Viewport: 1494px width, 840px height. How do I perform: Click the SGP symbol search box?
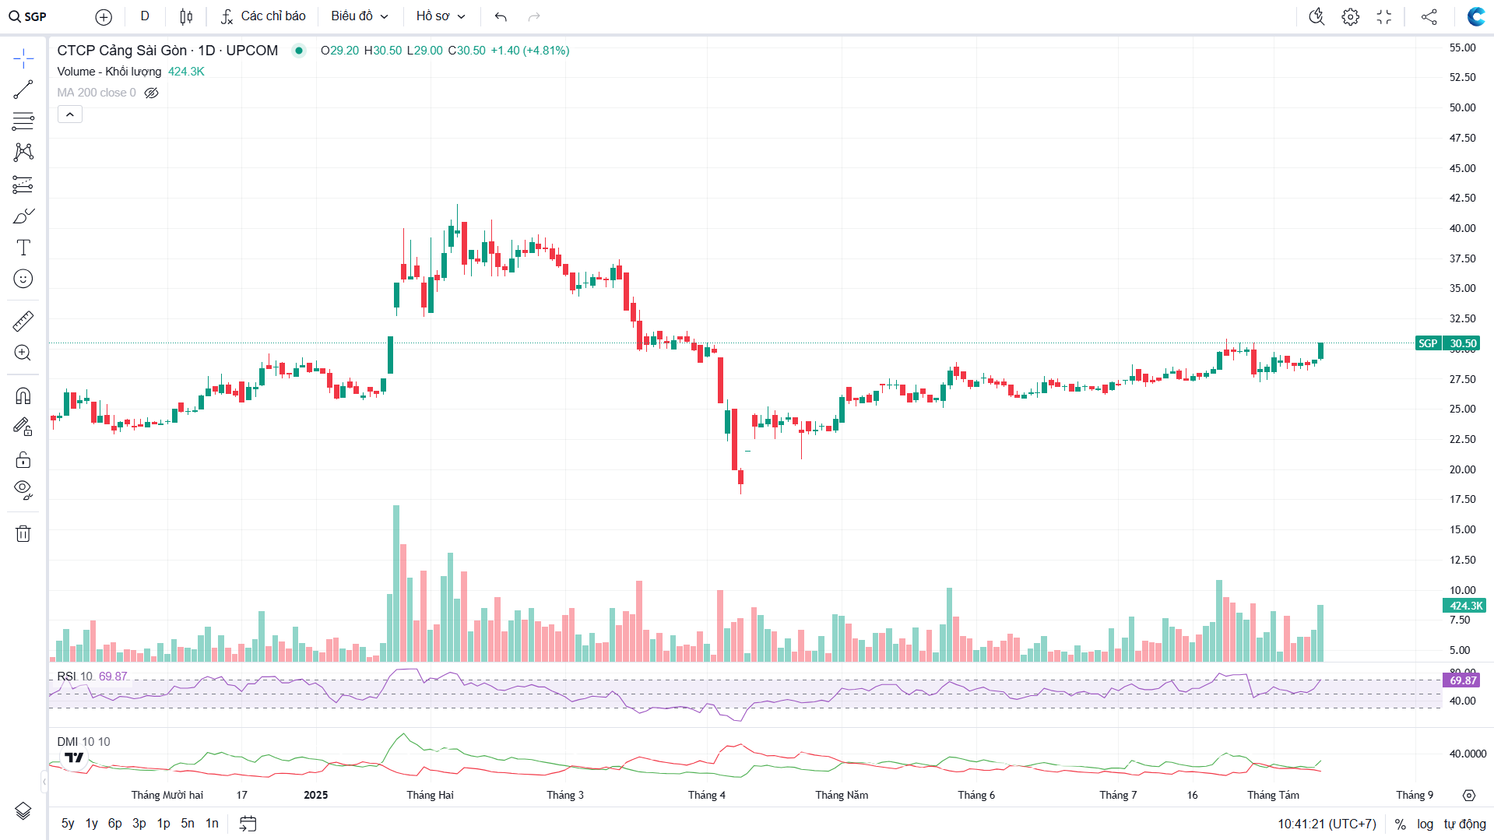[x=29, y=16]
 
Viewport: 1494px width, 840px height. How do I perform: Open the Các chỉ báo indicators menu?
[x=263, y=16]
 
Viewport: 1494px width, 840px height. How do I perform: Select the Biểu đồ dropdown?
[x=359, y=16]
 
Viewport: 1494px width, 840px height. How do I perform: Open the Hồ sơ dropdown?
[x=440, y=16]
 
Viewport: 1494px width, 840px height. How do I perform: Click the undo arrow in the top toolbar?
[x=501, y=16]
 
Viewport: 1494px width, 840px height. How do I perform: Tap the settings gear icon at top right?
[x=1350, y=16]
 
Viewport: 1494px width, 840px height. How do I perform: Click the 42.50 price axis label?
[x=1462, y=198]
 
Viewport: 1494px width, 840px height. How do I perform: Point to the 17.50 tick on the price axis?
[x=1462, y=499]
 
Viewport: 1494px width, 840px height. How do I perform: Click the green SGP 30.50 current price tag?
[x=1447, y=343]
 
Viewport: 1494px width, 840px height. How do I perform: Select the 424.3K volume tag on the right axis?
[x=1464, y=606]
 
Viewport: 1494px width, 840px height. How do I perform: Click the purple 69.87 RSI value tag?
[x=1463, y=680]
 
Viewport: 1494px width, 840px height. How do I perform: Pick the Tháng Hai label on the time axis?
[x=430, y=795]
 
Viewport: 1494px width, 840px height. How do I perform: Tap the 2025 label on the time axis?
[x=315, y=795]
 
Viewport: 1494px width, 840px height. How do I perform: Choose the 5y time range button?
[x=68, y=824]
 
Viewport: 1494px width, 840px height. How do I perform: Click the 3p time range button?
[x=139, y=824]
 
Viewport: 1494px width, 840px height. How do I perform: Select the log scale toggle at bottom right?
[x=1425, y=824]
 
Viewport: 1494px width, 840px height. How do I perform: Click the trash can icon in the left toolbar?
[x=23, y=533]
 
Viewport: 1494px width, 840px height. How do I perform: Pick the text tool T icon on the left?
[x=23, y=248]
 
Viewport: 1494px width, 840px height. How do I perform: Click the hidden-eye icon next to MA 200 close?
[x=152, y=93]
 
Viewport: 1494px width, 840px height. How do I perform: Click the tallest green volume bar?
[x=396, y=584]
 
